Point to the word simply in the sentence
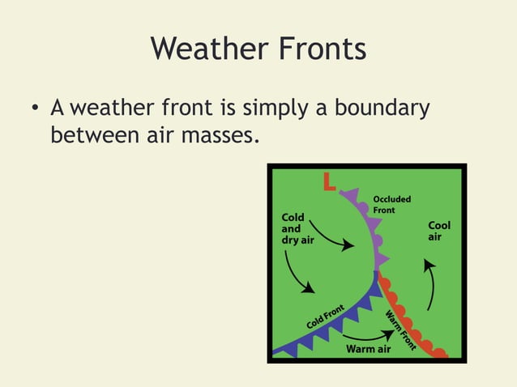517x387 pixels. pos(266,108)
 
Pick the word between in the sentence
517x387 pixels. pos(88,134)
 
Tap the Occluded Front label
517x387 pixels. pos(391,204)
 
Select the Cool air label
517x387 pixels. pos(439,231)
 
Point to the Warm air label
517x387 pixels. pos(369,349)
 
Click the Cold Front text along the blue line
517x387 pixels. pos(327,316)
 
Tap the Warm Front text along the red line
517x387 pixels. pos(400,331)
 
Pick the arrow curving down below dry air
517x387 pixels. pos(297,273)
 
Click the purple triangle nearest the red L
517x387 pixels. pos(350,195)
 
